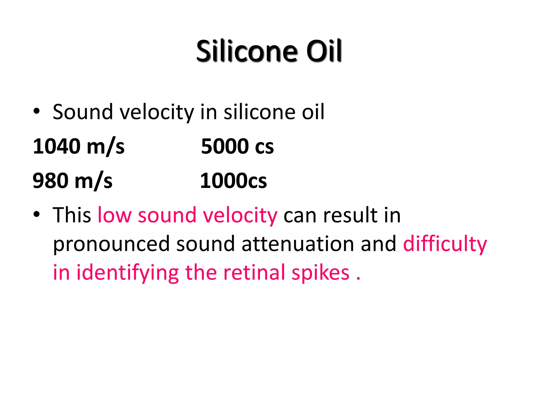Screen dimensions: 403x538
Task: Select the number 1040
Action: point(57,146)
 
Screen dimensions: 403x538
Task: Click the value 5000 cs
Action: point(237,146)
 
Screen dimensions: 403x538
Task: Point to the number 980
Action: point(50,181)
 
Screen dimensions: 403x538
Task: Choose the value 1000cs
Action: point(233,181)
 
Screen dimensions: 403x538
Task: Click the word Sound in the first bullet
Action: point(83,112)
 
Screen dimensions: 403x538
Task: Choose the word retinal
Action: point(254,273)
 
